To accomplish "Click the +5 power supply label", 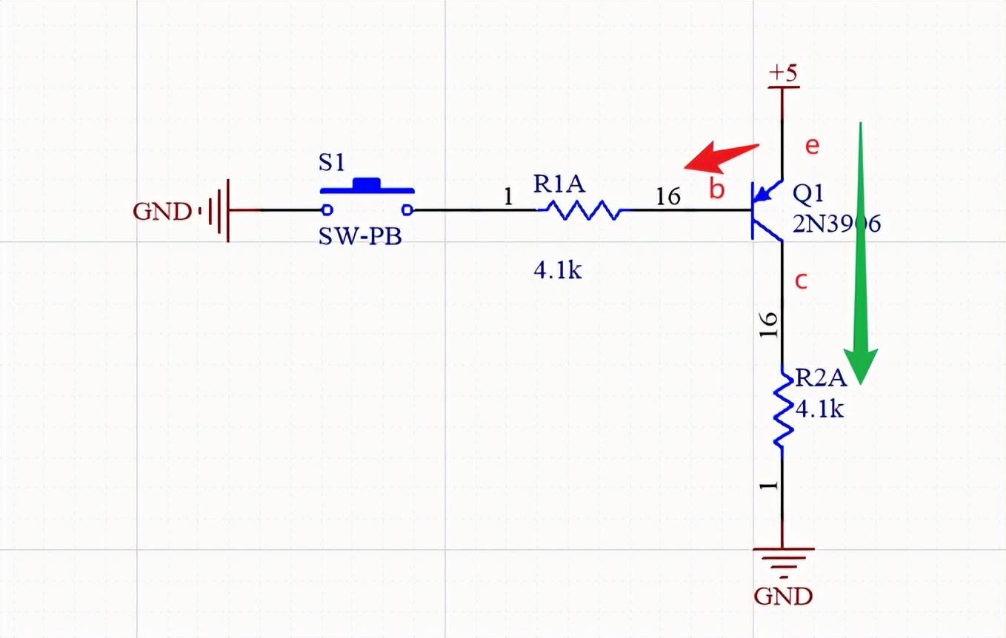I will coord(783,73).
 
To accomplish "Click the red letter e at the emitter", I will coord(813,146).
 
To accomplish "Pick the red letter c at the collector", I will coord(801,281).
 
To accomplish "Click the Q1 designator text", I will coord(808,194).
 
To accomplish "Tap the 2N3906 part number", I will coord(836,223).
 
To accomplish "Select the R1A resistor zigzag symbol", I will coord(580,211).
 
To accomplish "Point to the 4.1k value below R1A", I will coord(557,271).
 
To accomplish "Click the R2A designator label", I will coord(820,379).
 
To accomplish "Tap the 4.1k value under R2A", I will coord(819,408).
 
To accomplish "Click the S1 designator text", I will coord(332,163).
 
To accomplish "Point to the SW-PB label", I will coord(360,237).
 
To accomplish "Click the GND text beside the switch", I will coord(162,212).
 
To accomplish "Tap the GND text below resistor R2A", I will coord(783,596).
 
